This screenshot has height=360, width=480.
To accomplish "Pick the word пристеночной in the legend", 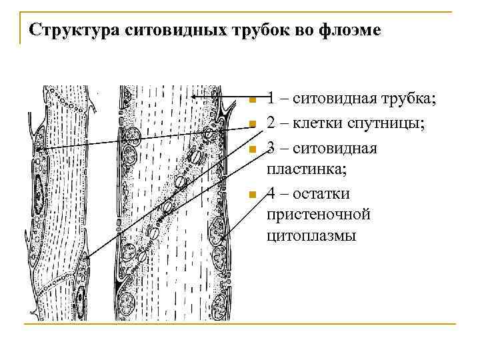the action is coord(318,215).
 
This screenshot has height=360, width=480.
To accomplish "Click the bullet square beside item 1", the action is coord(251,101).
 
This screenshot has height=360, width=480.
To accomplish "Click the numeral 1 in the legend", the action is coord(271,99).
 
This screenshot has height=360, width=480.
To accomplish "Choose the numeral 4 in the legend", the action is coord(271,193).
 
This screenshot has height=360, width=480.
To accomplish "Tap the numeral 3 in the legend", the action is coord(271,147).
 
